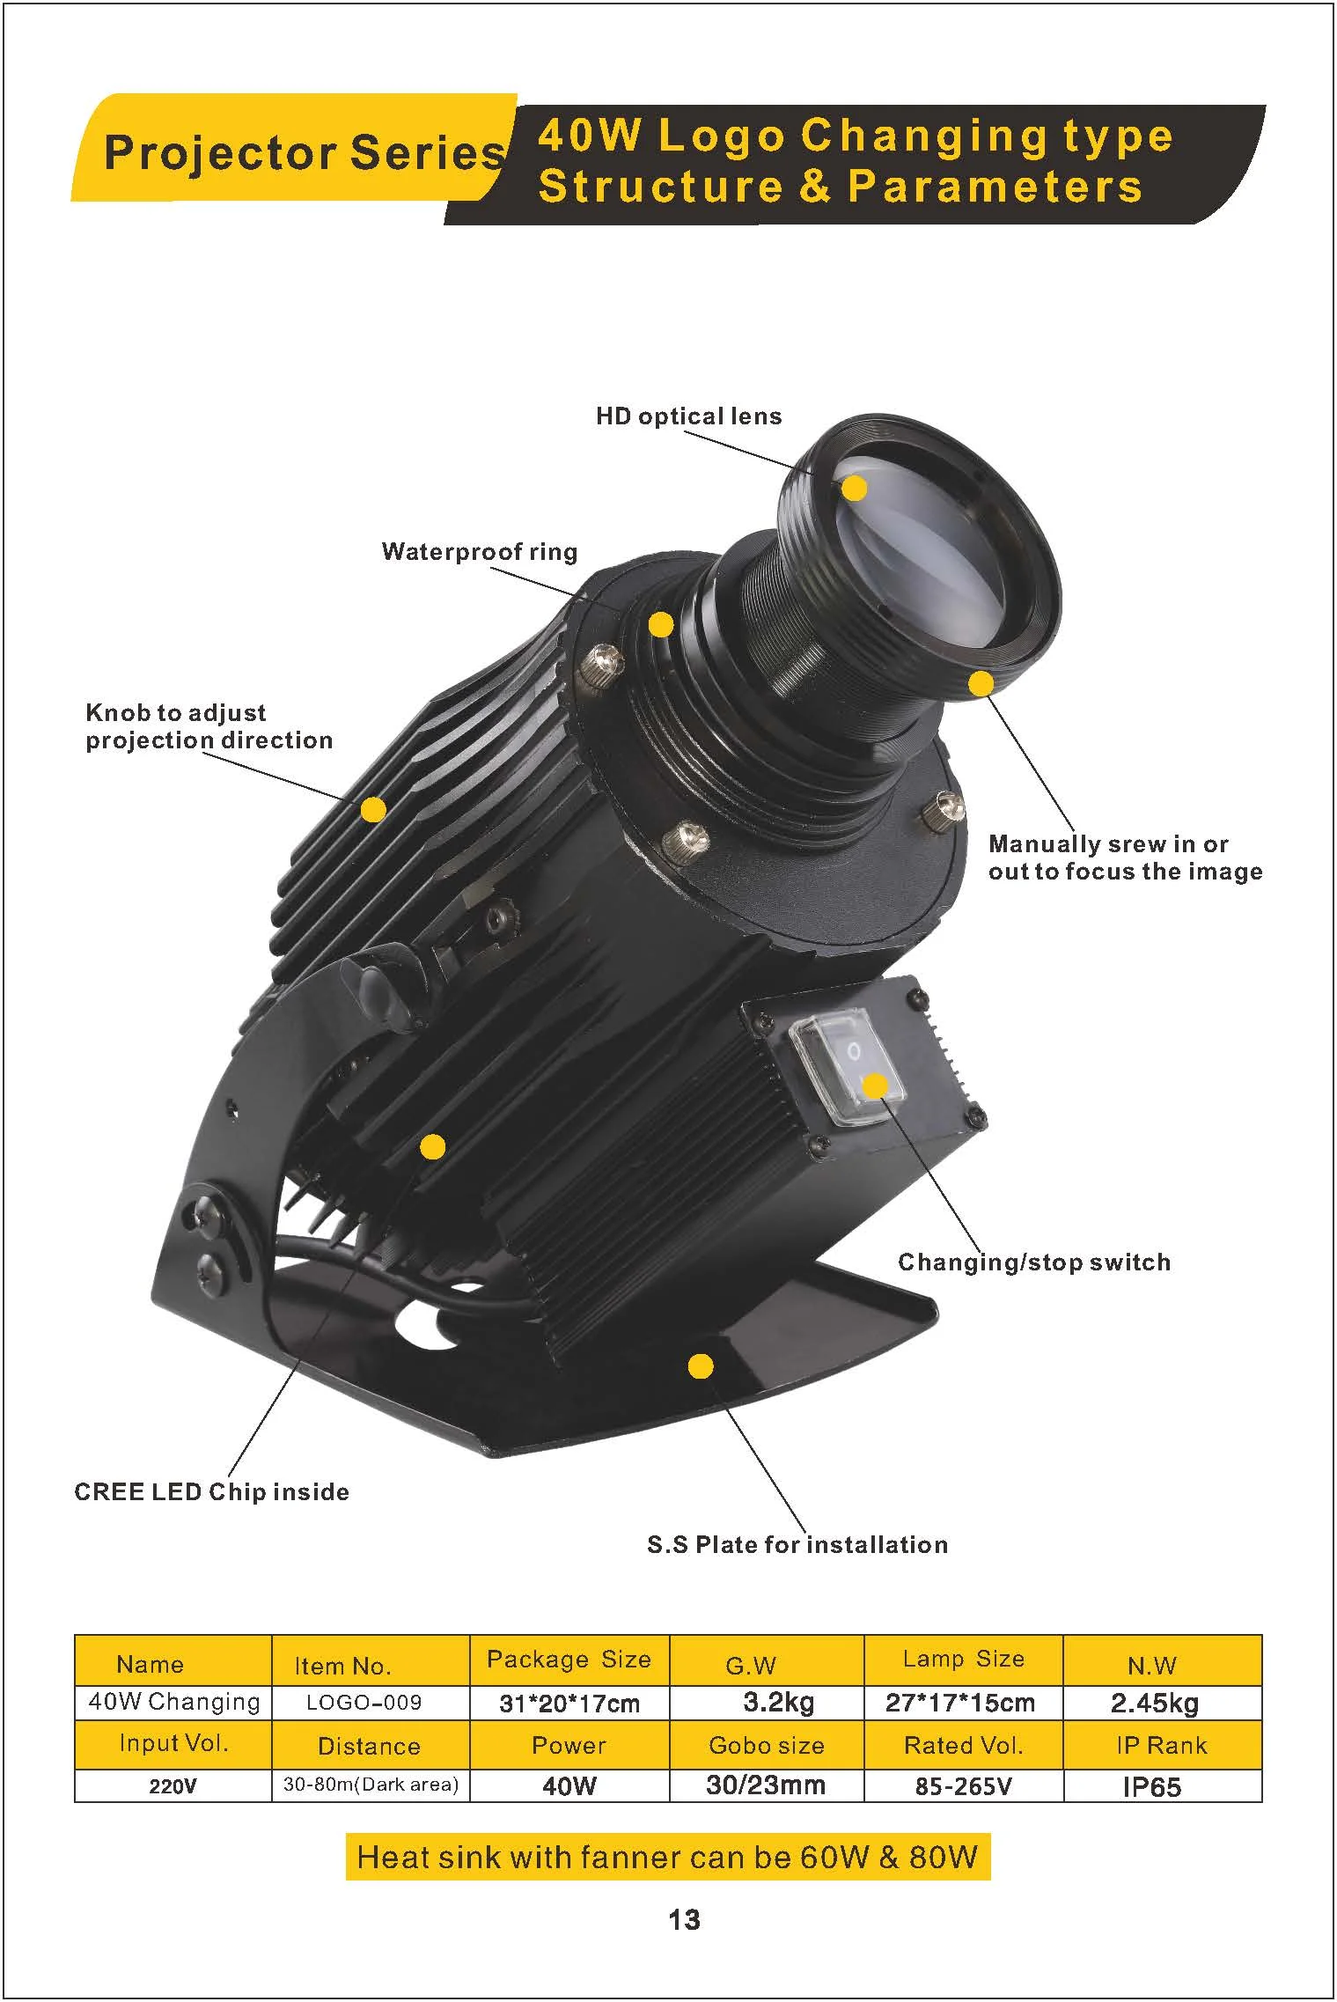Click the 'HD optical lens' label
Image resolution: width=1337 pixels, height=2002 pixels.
[x=688, y=416]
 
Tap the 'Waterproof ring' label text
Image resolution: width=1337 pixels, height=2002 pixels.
[x=480, y=552]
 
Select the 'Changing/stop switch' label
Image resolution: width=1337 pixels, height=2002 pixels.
[x=1034, y=1262]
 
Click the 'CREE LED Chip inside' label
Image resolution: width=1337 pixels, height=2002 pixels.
[x=211, y=1492]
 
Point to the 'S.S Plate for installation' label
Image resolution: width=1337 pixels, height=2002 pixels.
[x=797, y=1545]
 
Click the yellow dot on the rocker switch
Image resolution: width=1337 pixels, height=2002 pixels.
[x=875, y=1086]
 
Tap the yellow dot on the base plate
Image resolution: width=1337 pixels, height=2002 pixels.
[x=701, y=1366]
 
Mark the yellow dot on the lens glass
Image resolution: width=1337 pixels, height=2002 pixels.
[x=854, y=489]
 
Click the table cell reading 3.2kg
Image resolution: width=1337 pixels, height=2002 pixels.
[x=778, y=1702]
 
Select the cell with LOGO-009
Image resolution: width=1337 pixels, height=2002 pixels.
[x=364, y=1703]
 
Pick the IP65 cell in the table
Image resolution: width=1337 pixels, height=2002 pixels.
[x=1151, y=1787]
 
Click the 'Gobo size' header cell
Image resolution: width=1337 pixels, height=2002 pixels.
[x=766, y=1746]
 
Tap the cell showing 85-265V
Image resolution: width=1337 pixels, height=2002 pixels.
[x=963, y=1786]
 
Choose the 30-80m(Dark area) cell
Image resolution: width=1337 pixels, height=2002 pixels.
[x=371, y=1785]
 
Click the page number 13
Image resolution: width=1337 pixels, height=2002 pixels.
[x=684, y=1919]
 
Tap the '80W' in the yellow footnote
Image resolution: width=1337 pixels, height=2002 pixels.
[x=944, y=1857]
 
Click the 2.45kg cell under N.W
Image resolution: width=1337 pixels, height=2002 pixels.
[x=1154, y=1703]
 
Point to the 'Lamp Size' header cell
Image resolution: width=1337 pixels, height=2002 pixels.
[x=963, y=1660]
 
